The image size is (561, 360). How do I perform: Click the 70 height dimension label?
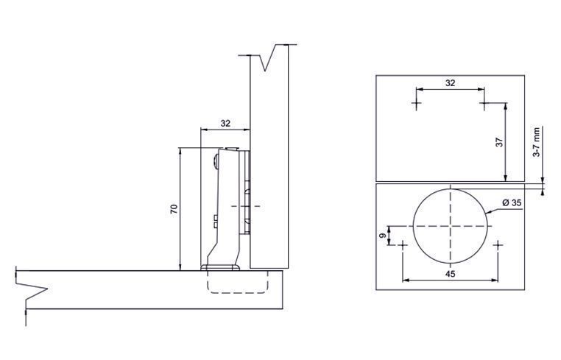[x=174, y=209]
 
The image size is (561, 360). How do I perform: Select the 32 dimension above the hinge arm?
[x=225, y=124]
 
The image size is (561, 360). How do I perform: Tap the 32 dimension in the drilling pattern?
[x=450, y=83]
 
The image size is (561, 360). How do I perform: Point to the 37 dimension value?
[x=499, y=142]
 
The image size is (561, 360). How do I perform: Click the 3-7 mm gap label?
[x=536, y=142]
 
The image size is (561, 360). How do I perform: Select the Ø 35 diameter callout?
[x=512, y=202]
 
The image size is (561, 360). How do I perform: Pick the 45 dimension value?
[x=450, y=274]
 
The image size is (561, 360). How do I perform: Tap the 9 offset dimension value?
[x=383, y=236]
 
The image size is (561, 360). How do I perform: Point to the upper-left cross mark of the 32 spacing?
[x=416, y=103]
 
